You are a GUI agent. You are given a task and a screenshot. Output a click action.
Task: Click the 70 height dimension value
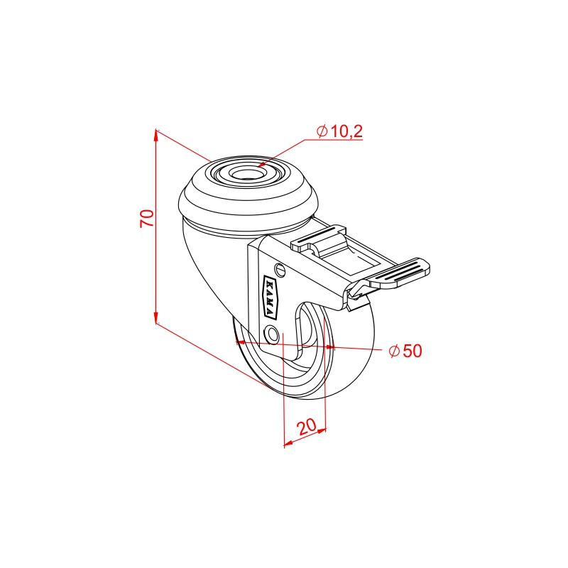pyautogui.click(x=147, y=218)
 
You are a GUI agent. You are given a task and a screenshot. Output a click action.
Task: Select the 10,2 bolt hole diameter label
pyautogui.click(x=346, y=131)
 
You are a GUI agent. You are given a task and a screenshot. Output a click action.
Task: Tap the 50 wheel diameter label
pyautogui.click(x=413, y=351)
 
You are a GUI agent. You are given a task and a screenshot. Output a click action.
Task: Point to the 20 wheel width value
pyautogui.click(x=307, y=427)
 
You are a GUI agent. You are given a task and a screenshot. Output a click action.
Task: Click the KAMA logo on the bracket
pyautogui.click(x=270, y=297)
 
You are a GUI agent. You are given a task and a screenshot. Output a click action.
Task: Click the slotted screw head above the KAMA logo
pyautogui.click(x=280, y=270)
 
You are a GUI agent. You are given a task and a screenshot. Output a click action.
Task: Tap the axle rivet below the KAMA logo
pyautogui.click(x=272, y=334)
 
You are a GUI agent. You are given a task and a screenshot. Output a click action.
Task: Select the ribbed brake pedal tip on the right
pyautogui.click(x=398, y=273)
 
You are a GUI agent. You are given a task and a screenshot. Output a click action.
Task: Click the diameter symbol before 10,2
pyautogui.click(x=322, y=131)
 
